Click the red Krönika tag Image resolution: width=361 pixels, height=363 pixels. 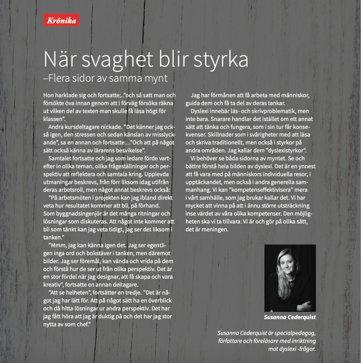point(61,20)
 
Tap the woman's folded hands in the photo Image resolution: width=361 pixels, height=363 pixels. point(304,306)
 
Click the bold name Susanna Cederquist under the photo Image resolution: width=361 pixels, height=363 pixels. point(290,317)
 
